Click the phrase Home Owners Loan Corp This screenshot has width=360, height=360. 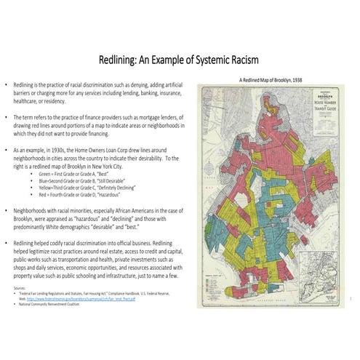[x=97, y=148]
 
